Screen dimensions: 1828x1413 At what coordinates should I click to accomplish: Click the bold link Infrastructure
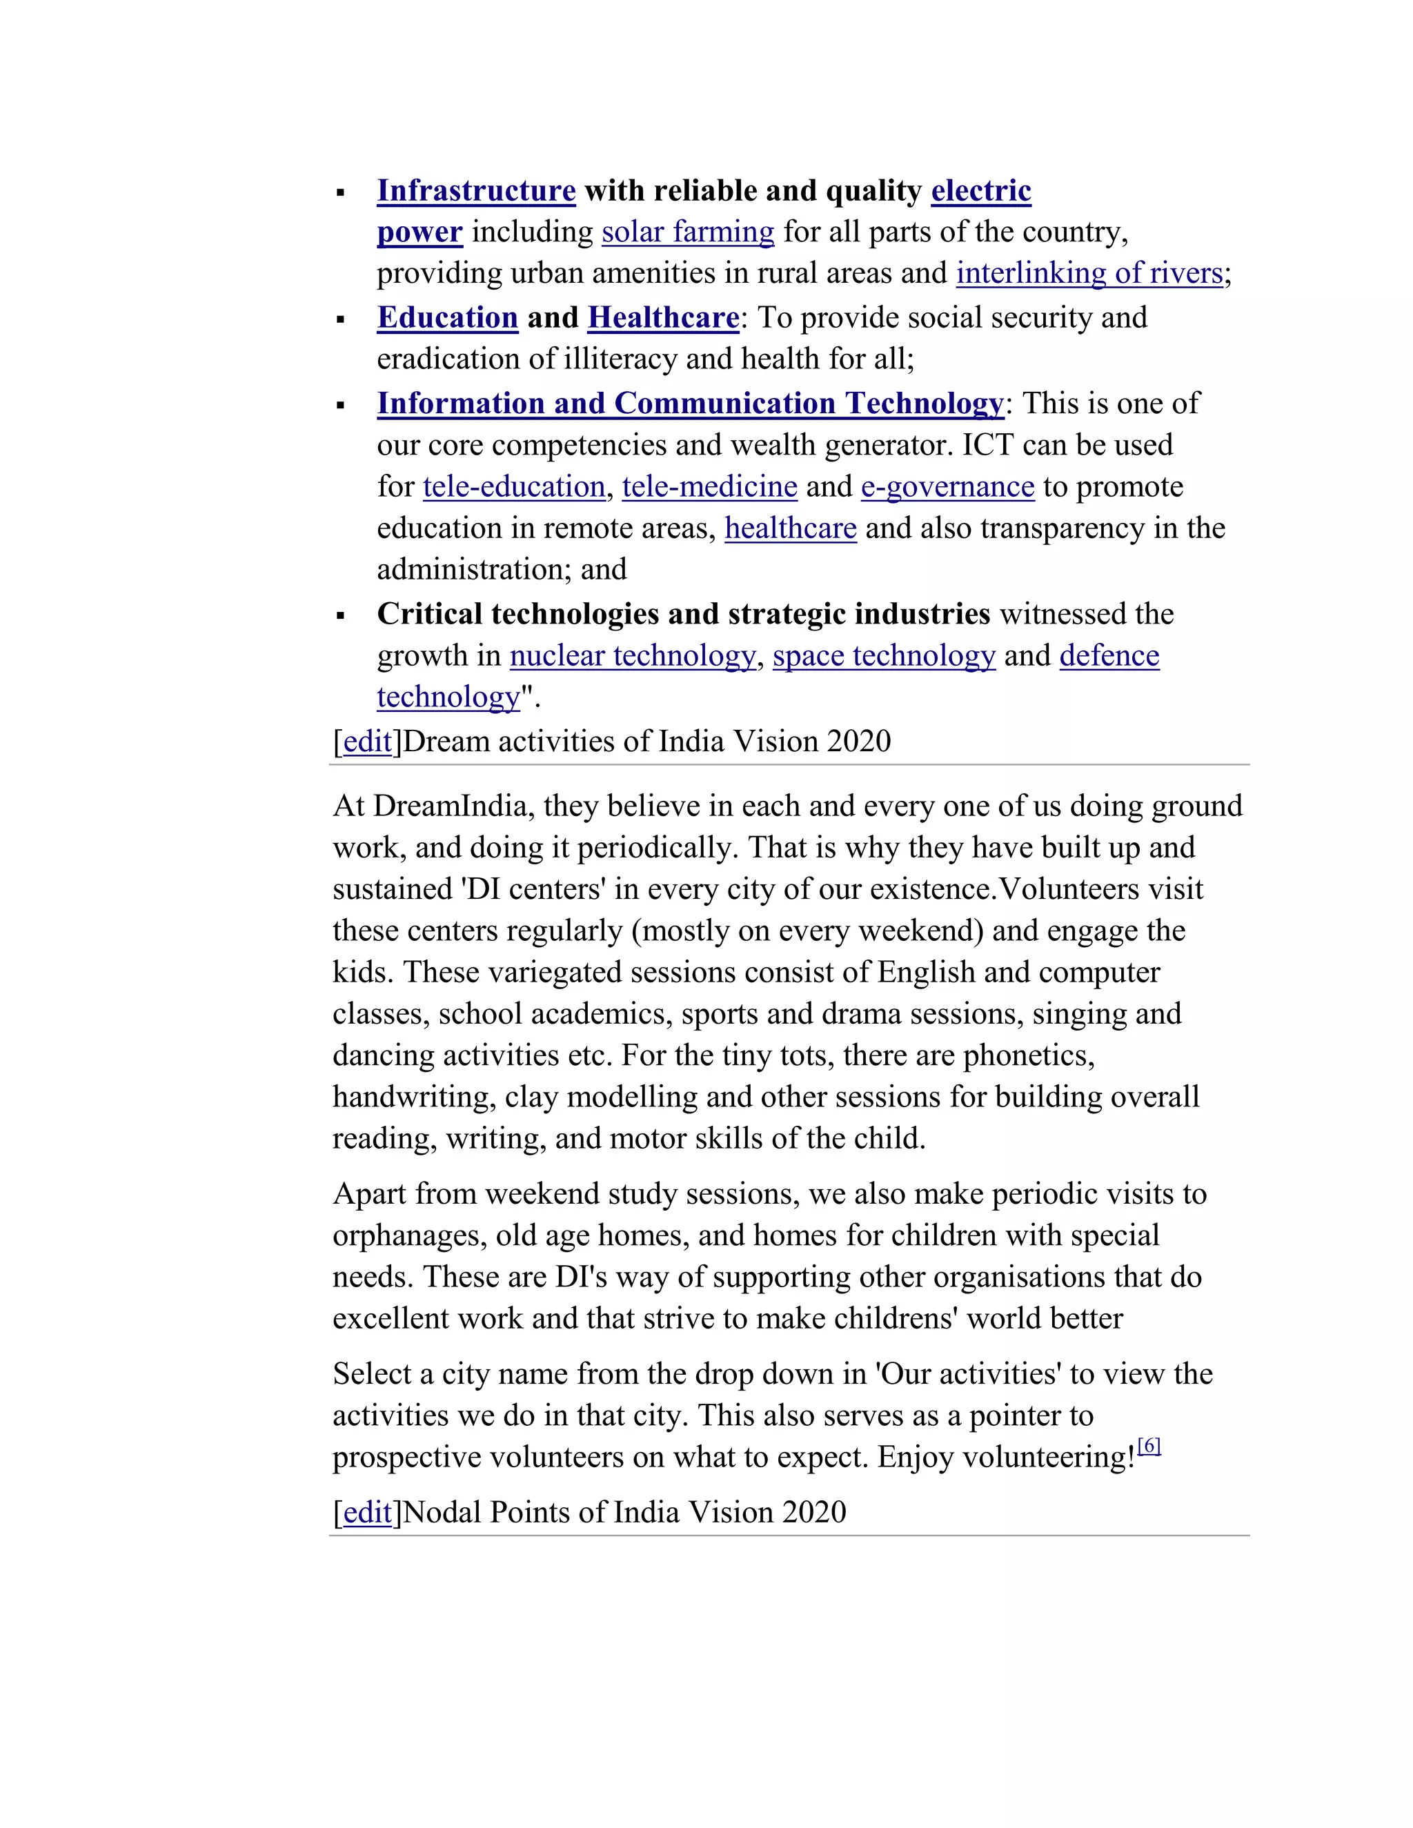click(475, 191)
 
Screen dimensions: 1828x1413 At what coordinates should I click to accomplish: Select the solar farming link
click(687, 232)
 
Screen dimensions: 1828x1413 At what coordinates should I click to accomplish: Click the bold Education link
click(447, 318)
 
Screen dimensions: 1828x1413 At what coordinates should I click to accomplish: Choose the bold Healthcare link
click(663, 318)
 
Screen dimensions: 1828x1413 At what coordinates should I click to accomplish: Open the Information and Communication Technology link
click(690, 404)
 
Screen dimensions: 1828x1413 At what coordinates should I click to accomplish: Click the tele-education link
click(513, 486)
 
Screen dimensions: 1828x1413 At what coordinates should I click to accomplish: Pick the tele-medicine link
click(709, 486)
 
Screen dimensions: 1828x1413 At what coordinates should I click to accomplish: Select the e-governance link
click(947, 486)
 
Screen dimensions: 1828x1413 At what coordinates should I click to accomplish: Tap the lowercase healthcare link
click(790, 528)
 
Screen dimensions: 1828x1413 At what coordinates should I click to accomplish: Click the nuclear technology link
click(632, 655)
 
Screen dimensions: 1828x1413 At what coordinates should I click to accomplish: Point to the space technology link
click(883, 655)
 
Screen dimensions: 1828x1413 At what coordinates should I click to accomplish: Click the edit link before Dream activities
click(368, 742)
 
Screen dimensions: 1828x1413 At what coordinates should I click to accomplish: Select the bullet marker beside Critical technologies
click(341, 616)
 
